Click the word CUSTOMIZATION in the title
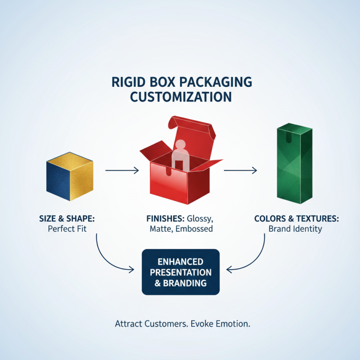pyautogui.click(x=180, y=97)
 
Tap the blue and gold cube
pyautogui.click(x=70, y=180)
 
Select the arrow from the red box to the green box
pyautogui.click(x=240, y=171)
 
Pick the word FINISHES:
pyautogui.click(x=165, y=219)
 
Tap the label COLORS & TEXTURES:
pyautogui.click(x=297, y=219)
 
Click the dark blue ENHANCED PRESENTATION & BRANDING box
pyautogui.click(x=180, y=272)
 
